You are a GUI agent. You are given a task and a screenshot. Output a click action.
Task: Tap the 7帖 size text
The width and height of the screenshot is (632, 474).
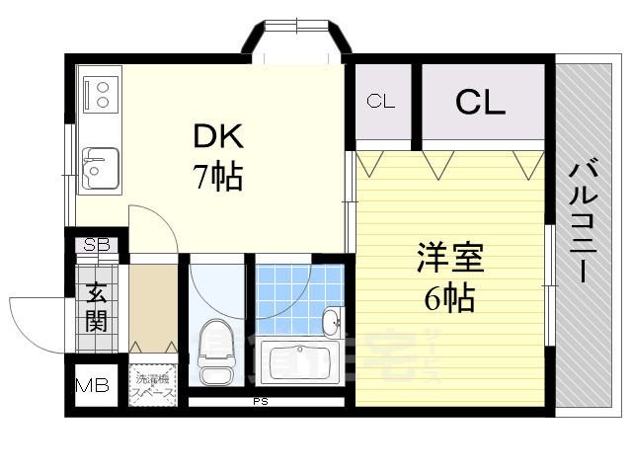(x=217, y=179)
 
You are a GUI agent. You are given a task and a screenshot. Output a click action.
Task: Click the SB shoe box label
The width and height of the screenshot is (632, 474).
(x=97, y=245)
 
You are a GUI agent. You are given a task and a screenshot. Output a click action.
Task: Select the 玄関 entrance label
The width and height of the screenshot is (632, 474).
(x=98, y=305)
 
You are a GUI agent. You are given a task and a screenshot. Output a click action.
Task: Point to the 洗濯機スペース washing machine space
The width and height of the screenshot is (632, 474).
(x=153, y=385)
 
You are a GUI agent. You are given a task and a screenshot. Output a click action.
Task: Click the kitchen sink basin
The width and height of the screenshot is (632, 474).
(x=100, y=168)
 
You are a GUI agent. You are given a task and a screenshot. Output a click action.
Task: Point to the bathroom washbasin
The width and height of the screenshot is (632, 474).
(x=332, y=321)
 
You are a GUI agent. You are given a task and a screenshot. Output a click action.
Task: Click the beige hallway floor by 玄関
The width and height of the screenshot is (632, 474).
(x=152, y=301)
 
